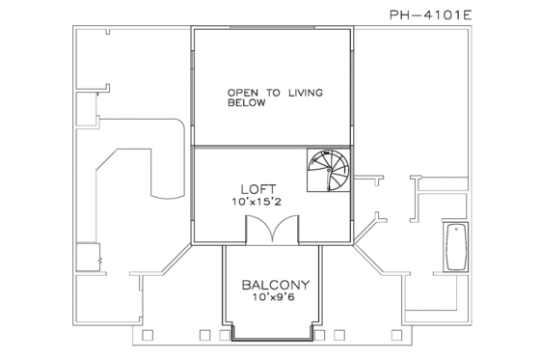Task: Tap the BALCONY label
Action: click(x=275, y=285)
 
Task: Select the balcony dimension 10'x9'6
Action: click(x=275, y=298)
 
